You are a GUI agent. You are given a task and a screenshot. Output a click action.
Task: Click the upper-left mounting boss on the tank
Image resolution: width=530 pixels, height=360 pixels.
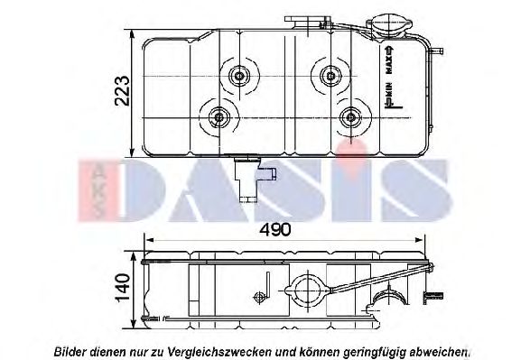[x=239, y=76]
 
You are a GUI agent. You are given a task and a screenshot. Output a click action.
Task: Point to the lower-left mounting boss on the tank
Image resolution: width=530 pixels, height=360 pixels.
[x=219, y=116]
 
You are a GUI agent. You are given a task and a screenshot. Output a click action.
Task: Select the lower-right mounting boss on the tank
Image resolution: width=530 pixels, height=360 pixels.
[x=351, y=115]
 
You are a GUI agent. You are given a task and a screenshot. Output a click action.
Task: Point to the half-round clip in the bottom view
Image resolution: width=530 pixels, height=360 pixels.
[x=395, y=299]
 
